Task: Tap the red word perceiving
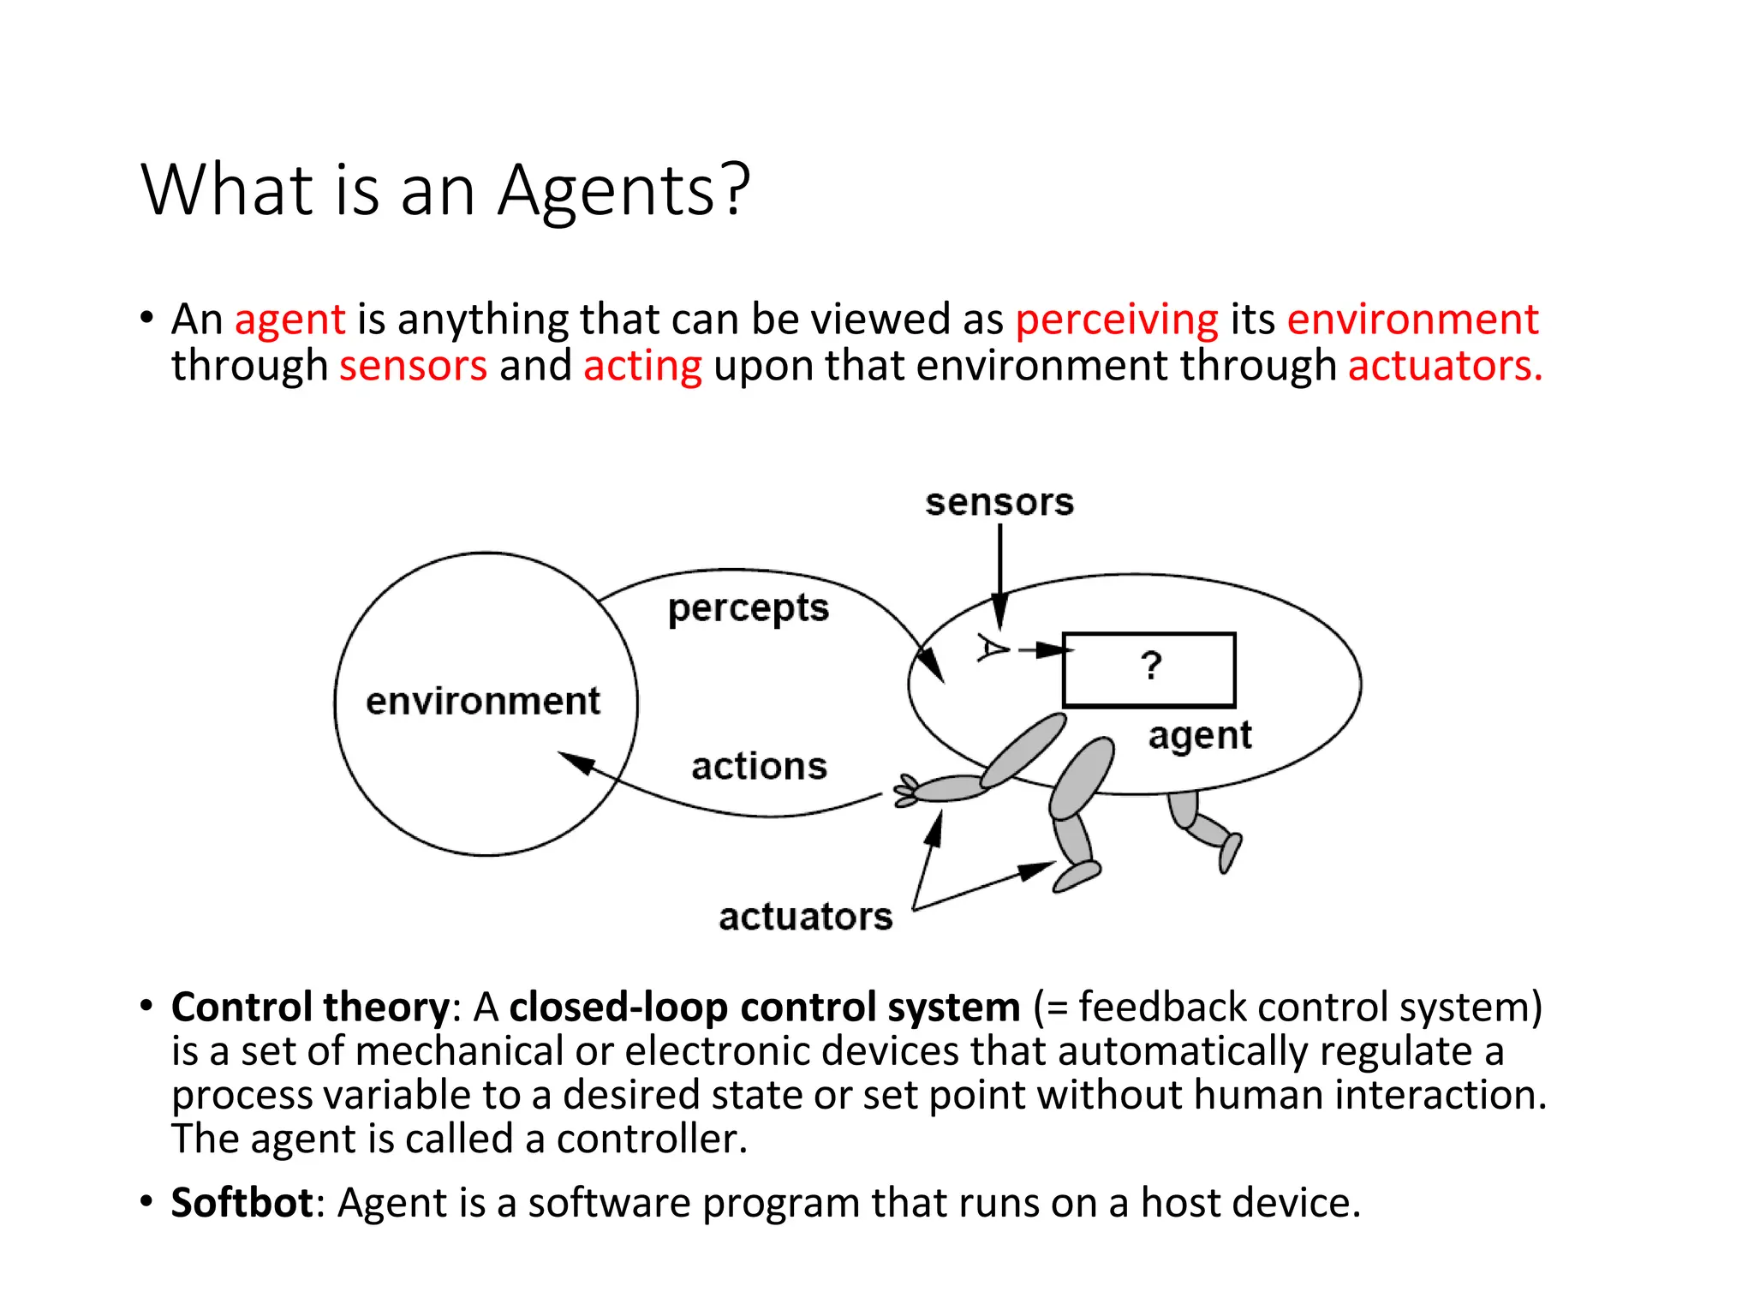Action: coord(1116,320)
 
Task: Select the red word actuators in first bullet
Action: coord(1444,366)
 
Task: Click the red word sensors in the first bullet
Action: coord(413,366)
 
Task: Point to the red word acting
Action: coord(642,366)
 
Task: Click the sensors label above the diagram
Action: coord(999,502)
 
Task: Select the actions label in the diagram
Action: coord(759,766)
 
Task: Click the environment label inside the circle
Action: coord(483,702)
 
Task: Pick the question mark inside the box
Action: coord(1151,666)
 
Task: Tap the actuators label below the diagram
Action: coord(805,917)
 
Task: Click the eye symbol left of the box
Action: coord(993,649)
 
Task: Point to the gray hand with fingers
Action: coord(908,790)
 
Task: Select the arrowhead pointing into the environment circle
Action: coord(577,762)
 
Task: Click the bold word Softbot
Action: coord(242,1203)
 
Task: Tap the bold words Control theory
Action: coord(309,1007)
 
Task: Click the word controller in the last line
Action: coord(651,1140)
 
